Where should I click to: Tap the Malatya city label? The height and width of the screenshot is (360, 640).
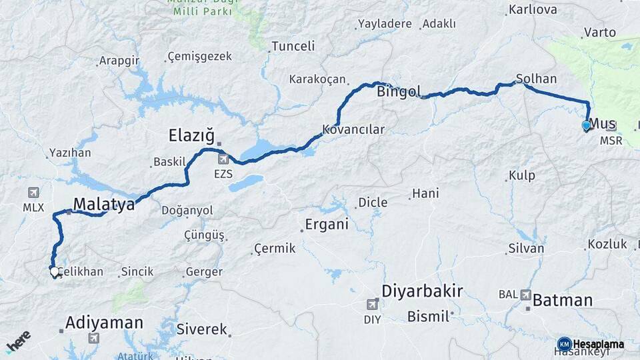point(104,204)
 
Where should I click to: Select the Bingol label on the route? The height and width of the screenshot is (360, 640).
point(399,91)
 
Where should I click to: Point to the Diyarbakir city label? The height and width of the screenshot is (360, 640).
point(422,291)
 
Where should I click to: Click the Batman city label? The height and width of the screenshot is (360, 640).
point(563,300)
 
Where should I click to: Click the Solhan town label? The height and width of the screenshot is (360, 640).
point(537,79)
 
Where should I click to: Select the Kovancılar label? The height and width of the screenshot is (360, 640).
point(353,129)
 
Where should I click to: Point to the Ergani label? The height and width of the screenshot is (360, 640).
point(327,224)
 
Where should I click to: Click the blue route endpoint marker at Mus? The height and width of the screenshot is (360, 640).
point(587,125)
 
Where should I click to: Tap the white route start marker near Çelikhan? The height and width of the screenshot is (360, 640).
point(54,271)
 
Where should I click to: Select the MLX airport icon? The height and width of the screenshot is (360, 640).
point(33,193)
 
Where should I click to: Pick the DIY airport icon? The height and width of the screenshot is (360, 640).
point(372,305)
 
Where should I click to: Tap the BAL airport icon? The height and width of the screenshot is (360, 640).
point(526,294)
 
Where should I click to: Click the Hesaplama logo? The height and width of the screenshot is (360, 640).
point(591,344)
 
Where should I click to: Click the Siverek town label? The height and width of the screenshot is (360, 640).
point(202,329)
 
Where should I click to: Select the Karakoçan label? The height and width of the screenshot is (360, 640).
point(317,79)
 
